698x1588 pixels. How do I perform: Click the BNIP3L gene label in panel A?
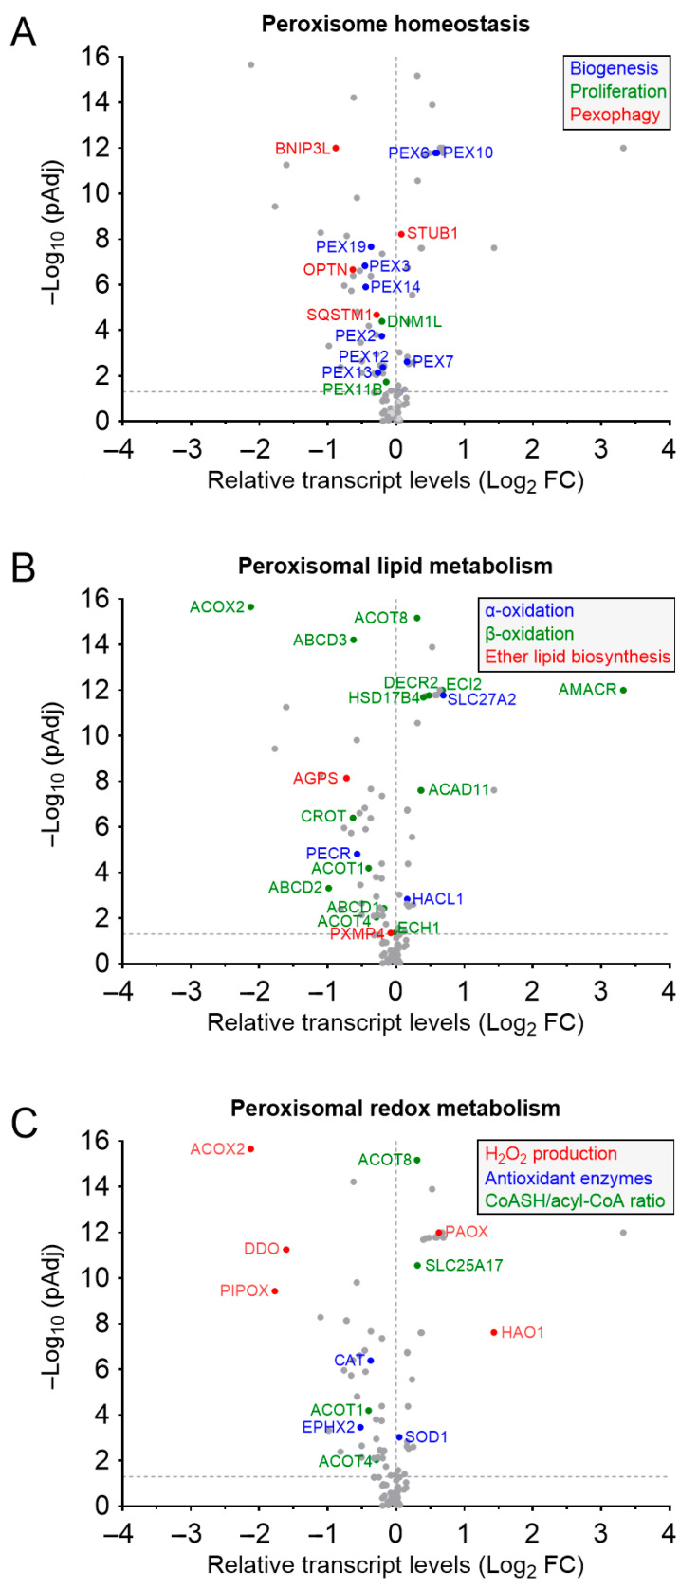click(x=302, y=149)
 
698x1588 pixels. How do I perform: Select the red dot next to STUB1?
click(x=401, y=234)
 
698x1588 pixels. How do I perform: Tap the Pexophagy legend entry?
click(x=615, y=115)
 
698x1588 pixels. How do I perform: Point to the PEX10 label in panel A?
click(x=468, y=153)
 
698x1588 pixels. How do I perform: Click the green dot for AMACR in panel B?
click(x=623, y=690)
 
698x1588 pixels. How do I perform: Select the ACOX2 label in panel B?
click(x=217, y=607)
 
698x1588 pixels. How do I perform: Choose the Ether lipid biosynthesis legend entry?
click(x=578, y=657)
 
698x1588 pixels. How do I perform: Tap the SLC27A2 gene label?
click(x=482, y=700)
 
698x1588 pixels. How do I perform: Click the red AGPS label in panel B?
click(x=315, y=779)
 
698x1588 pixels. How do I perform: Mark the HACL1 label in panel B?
click(x=438, y=899)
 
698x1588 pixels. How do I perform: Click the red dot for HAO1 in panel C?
click(x=494, y=1332)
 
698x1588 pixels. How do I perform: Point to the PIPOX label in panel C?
click(x=244, y=1291)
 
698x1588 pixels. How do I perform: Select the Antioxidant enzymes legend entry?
click(x=568, y=1179)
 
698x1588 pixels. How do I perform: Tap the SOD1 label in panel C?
click(x=426, y=1437)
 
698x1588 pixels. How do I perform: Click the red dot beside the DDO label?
click(x=285, y=1250)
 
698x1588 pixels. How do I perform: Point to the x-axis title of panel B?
click(x=395, y=1023)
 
